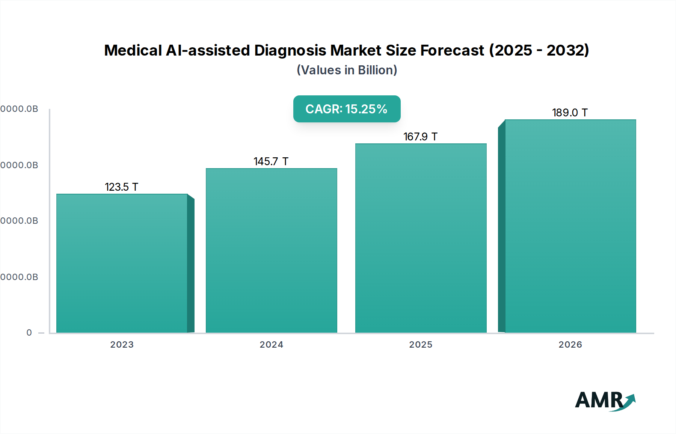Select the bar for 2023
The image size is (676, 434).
click(122, 263)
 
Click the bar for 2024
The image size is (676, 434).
click(271, 250)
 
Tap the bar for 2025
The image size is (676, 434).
click(421, 238)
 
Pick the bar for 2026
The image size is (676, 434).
click(570, 226)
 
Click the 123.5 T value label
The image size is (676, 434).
click(121, 187)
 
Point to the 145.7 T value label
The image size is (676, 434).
click(271, 161)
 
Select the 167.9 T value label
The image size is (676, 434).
click(420, 137)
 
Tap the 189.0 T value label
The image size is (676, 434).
click(570, 113)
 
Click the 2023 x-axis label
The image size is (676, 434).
click(122, 344)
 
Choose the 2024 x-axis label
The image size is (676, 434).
click(271, 344)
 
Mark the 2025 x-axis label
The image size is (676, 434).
click(421, 344)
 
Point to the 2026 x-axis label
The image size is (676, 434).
click(570, 344)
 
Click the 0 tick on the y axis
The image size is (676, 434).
click(29, 333)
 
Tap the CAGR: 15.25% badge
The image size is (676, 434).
click(347, 109)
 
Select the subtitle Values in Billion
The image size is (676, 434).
click(347, 70)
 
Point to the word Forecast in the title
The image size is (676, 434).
click(452, 50)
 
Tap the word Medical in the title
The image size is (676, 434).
click(133, 50)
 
